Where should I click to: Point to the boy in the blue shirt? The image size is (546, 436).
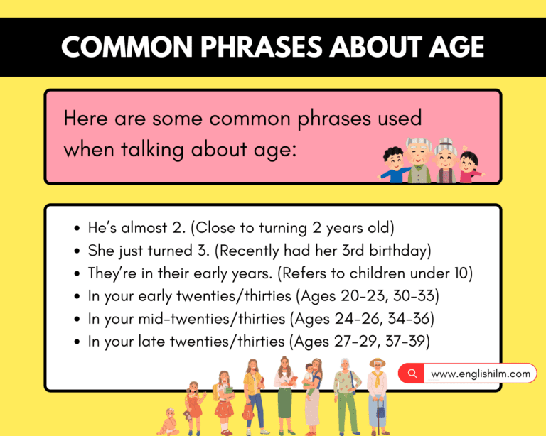pos(392,165)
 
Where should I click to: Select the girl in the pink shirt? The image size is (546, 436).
pos(469,167)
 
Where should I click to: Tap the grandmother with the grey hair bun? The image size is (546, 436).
pos(446,160)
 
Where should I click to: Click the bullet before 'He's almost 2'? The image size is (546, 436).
pos(77,230)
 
